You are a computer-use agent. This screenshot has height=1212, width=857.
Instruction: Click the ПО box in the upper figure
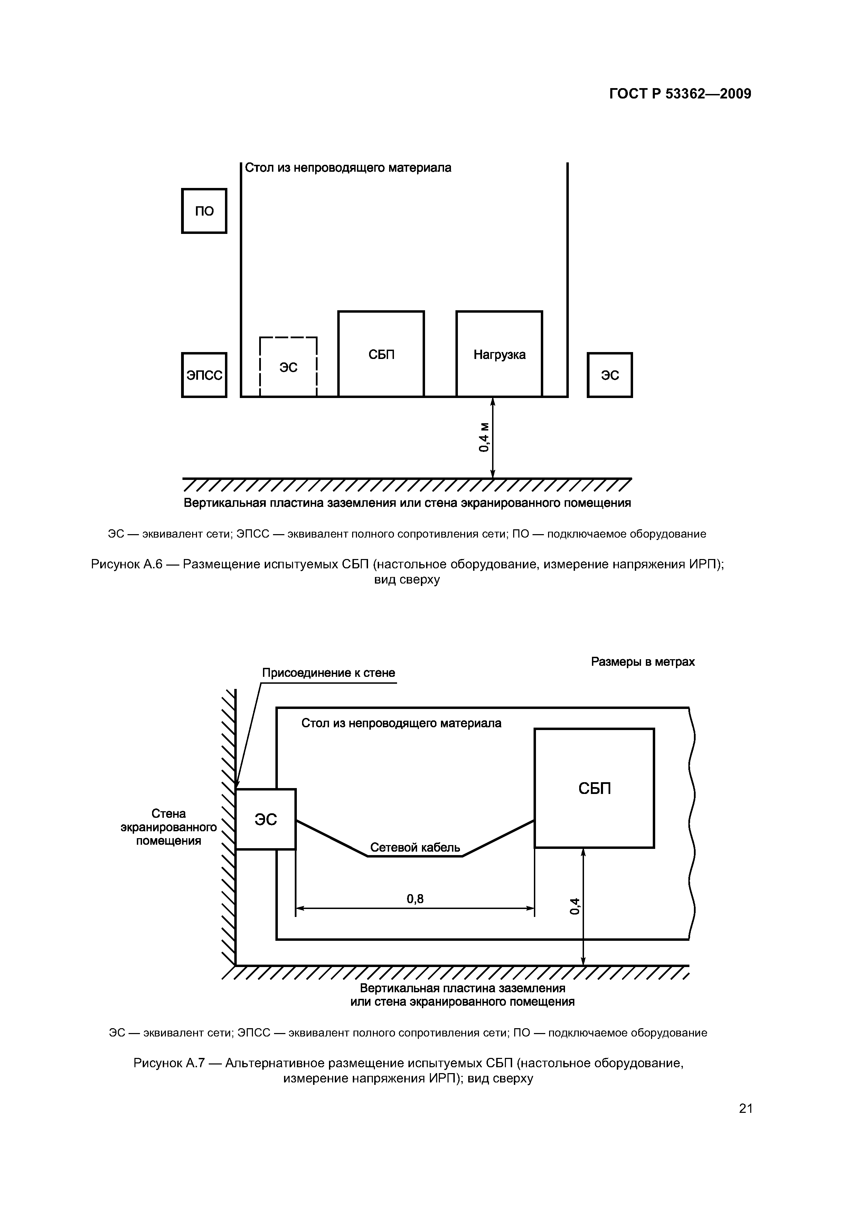[x=204, y=211]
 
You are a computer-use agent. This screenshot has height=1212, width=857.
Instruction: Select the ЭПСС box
[x=204, y=375]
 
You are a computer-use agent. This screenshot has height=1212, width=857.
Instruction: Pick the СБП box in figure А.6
[x=381, y=354]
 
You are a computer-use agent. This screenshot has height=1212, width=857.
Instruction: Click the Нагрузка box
[x=499, y=354]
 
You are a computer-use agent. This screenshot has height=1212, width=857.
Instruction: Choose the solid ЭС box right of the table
[x=610, y=375]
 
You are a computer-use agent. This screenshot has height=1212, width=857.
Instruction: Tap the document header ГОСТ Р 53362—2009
[x=680, y=94]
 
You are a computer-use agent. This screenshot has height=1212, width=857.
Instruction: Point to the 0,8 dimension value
[x=415, y=898]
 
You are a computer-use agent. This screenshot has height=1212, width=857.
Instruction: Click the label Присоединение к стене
[x=328, y=673]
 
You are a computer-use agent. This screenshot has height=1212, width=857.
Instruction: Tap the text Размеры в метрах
[x=643, y=662]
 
